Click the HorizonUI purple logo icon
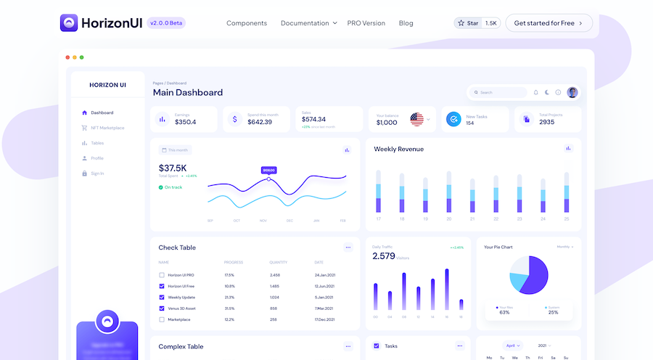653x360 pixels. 69,23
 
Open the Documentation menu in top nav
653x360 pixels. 308,23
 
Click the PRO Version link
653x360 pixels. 366,23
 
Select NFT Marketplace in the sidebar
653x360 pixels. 107,128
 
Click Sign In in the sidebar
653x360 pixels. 97,173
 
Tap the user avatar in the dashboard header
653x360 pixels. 572,92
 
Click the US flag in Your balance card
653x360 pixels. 416,119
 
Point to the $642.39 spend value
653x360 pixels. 260,122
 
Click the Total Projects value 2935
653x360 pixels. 546,122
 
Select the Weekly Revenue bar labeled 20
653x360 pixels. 449,192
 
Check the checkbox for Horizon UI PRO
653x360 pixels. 162,275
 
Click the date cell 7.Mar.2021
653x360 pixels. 324,308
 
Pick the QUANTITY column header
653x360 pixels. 279,262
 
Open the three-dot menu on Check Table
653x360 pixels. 348,247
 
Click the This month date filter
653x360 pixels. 175,150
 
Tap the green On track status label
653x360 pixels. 171,187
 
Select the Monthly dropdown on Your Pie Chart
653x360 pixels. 565,247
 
